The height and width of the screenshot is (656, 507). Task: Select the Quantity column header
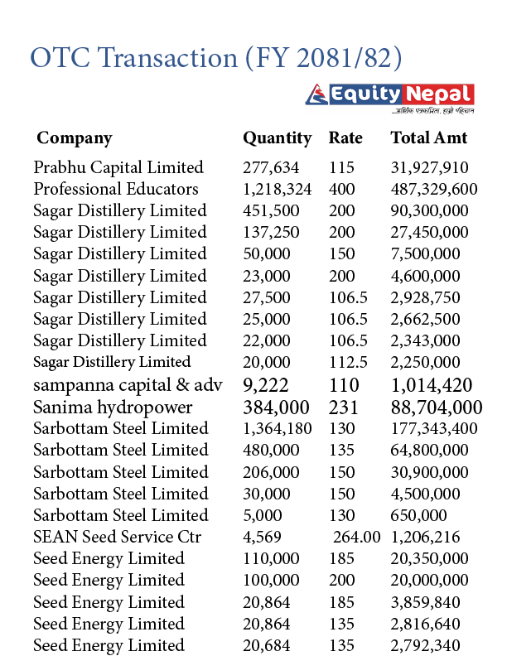[x=277, y=138]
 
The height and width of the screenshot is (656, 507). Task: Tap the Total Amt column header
[x=428, y=138]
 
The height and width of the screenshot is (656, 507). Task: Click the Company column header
[x=75, y=138]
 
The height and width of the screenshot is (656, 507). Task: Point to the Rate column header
[x=345, y=138]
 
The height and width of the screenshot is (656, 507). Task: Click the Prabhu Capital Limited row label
[x=118, y=167]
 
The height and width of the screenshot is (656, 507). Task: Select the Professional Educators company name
[x=116, y=189]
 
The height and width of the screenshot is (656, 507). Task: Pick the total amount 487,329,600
[x=433, y=189]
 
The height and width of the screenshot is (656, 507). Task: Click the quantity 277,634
[x=271, y=167]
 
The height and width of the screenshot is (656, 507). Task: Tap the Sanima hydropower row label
[x=113, y=407]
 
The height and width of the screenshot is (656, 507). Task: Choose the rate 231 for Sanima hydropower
[x=344, y=407]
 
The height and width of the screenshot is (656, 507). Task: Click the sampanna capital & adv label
[x=124, y=384]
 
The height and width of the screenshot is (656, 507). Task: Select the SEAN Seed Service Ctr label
[x=117, y=537]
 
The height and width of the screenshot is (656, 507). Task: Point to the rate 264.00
[x=357, y=537]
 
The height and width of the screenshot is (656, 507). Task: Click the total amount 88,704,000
[x=436, y=407]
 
